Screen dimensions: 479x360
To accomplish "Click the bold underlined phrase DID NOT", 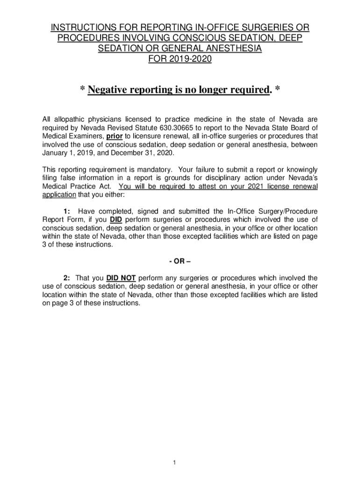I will (x=121, y=278).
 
